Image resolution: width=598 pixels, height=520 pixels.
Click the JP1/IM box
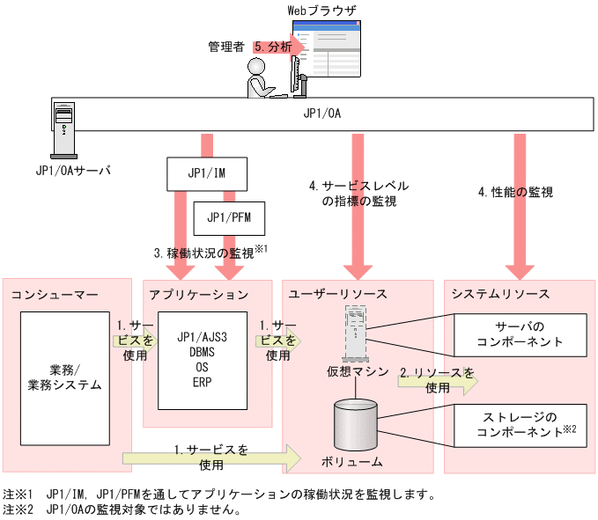pos(207,173)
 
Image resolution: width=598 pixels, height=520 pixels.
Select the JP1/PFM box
pos(229,216)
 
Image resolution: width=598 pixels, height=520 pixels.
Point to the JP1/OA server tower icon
pos(64,127)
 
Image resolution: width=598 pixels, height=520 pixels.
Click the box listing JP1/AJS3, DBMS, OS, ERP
pos(202,360)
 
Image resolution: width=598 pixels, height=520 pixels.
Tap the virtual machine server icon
pos(355,331)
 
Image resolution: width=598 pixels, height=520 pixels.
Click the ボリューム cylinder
pos(356,424)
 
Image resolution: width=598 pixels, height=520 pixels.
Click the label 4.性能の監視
pos(515,192)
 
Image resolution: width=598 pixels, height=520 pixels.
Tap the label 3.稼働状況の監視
pos(210,253)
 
